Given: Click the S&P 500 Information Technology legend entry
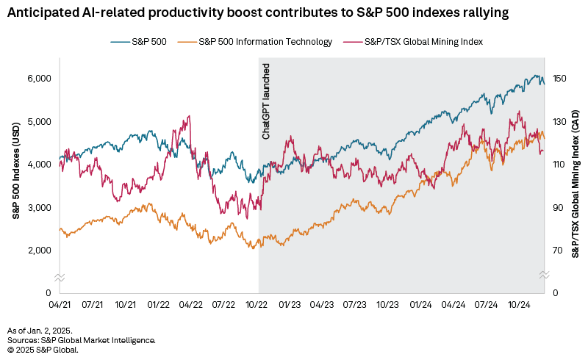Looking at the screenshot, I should pyautogui.click(x=265, y=42).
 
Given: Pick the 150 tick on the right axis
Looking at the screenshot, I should pyautogui.click(x=560, y=79).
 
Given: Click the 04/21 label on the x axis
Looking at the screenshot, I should pyautogui.click(x=59, y=303).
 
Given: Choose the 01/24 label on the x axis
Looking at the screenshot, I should pyautogui.click(x=421, y=303).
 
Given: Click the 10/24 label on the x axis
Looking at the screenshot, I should pyautogui.click(x=519, y=303).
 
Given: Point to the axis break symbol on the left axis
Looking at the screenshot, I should pyautogui.click(x=59, y=276).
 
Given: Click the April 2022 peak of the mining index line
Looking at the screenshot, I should pyautogui.click(x=190, y=116).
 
